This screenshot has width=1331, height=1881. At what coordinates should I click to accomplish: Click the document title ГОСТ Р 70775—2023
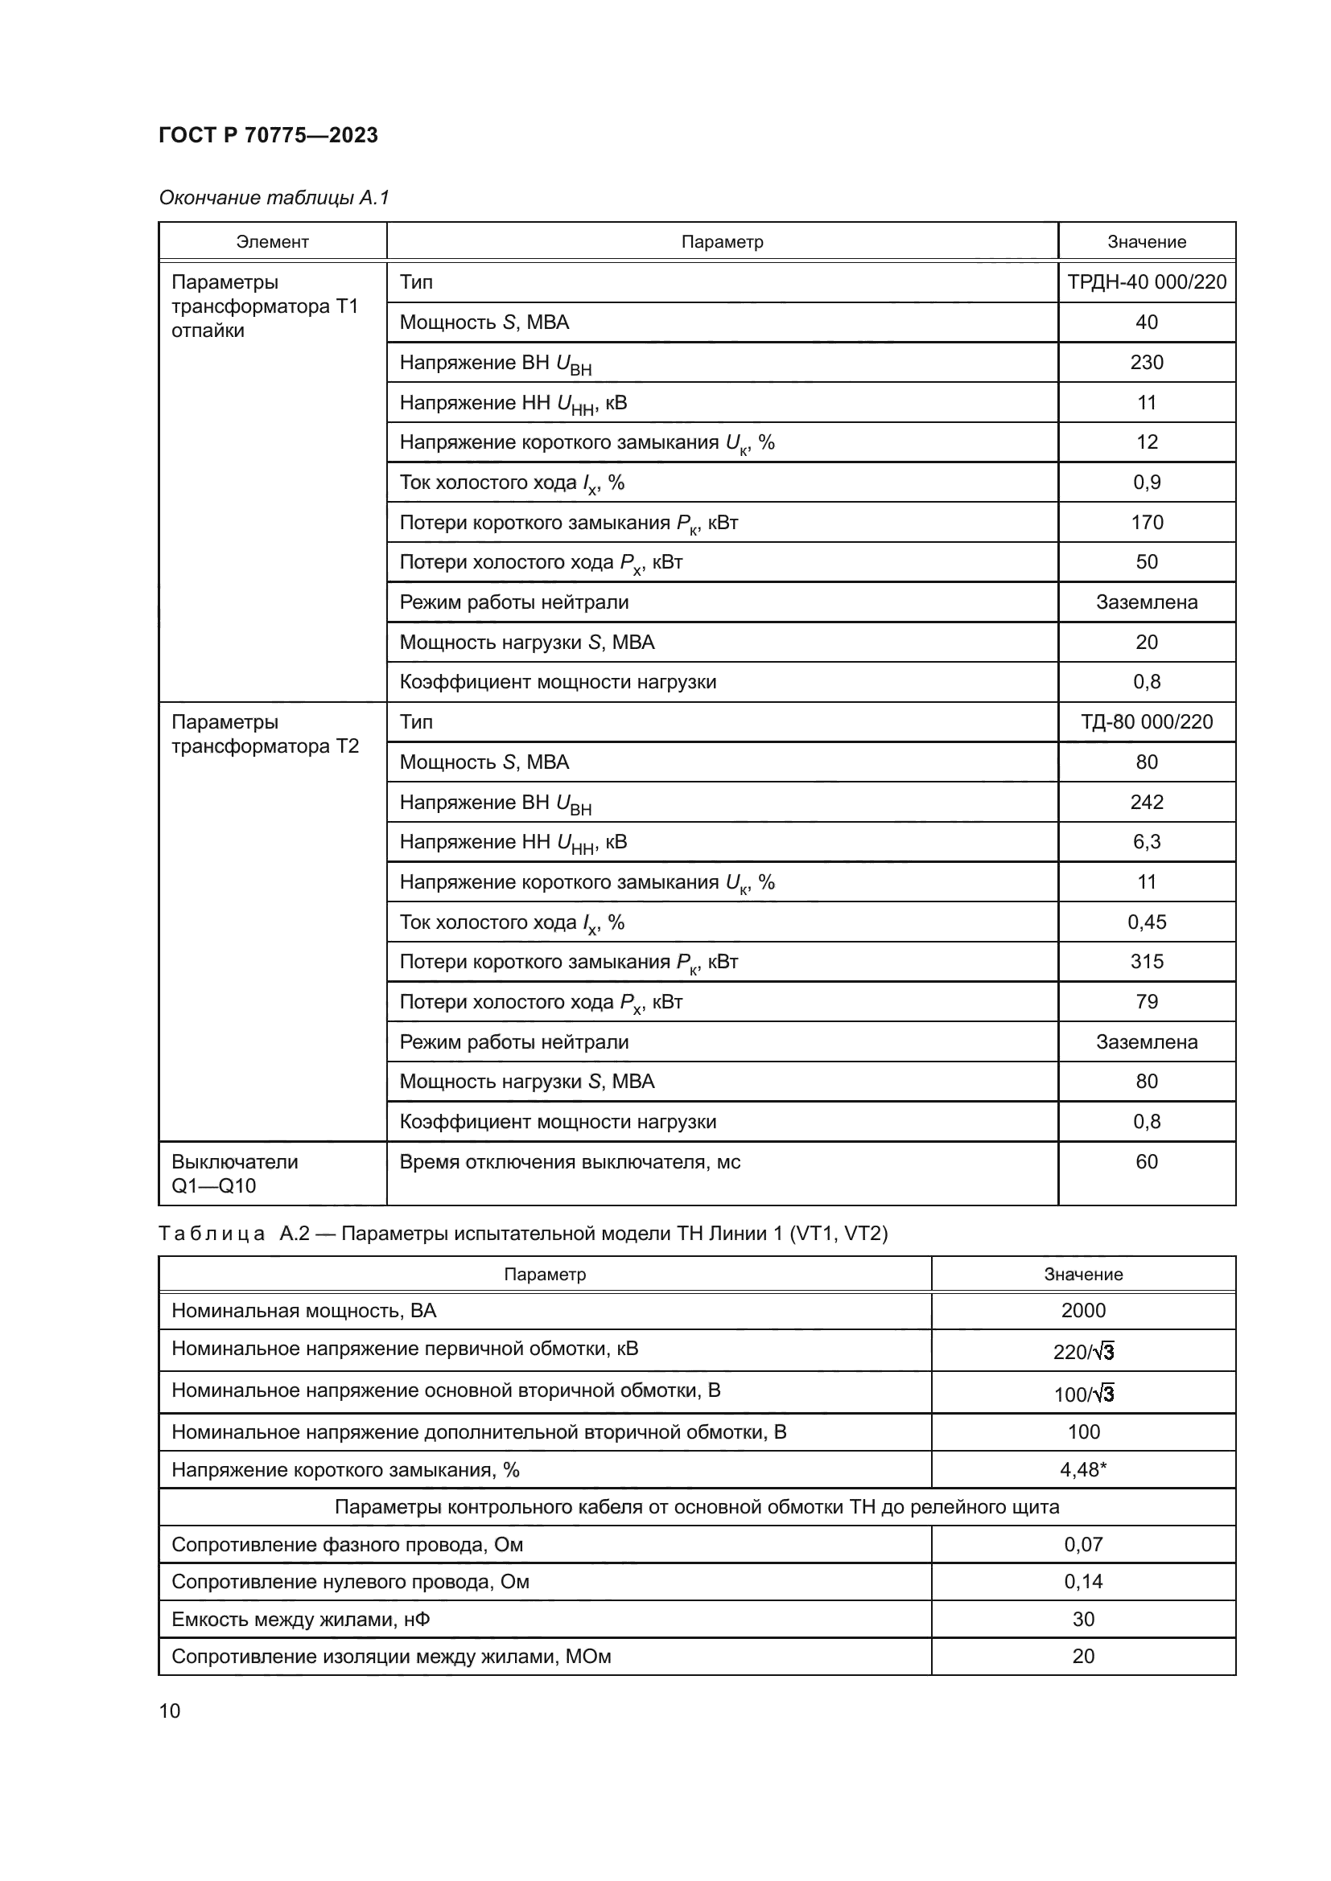pyautogui.click(x=268, y=135)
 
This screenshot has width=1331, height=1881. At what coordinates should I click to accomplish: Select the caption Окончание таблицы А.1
pyautogui.click(x=274, y=198)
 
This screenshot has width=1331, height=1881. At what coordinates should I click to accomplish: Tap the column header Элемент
pyautogui.click(x=272, y=242)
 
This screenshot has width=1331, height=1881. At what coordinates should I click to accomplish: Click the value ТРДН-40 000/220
pyautogui.click(x=1146, y=281)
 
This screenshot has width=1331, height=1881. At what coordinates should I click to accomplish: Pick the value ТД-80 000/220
pyautogui.click(x=1146, y=721)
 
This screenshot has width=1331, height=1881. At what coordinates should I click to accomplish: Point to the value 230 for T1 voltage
pyautogui.click(x=1146, y=362)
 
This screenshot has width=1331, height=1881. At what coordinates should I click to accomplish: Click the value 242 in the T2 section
pyautogui.click(x=1146, y=802)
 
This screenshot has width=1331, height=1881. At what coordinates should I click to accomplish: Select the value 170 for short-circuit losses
pyautogui.click(x=1146, y=522)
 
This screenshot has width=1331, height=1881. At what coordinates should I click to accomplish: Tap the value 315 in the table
pyautogui.click(x=1146, y=961)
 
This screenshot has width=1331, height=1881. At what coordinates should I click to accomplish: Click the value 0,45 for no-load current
pyautogui.click(x=1146, y=922)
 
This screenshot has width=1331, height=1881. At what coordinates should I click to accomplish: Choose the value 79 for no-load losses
pyautogui.click(x=1146, y=1001)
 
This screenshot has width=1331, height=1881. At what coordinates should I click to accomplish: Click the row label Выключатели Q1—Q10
pyautogui.click(x=234, y=1173)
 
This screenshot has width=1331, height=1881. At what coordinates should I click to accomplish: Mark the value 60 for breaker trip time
pyautogui.click(x=1146, y=1162)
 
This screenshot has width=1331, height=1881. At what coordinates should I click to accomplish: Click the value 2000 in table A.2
pyautogui.click(x=1082, y=1310)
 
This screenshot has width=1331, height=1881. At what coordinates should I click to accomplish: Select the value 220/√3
pyautogui.click(x=1082, y=1352)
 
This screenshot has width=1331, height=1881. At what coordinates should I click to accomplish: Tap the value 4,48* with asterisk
pyautogui.click(x=1082, y=1470)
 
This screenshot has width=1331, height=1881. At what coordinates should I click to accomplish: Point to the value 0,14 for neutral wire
pyautogui.click(x=1082, y=1581)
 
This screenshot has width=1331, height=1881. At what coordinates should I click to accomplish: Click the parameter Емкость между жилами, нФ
pyautogui.click(x=301, y=1619)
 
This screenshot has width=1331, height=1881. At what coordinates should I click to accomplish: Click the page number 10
pyautogui.click(x=170, y=1711)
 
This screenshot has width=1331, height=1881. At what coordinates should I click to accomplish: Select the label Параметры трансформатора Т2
pyautogui.click(x=265, y=734)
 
